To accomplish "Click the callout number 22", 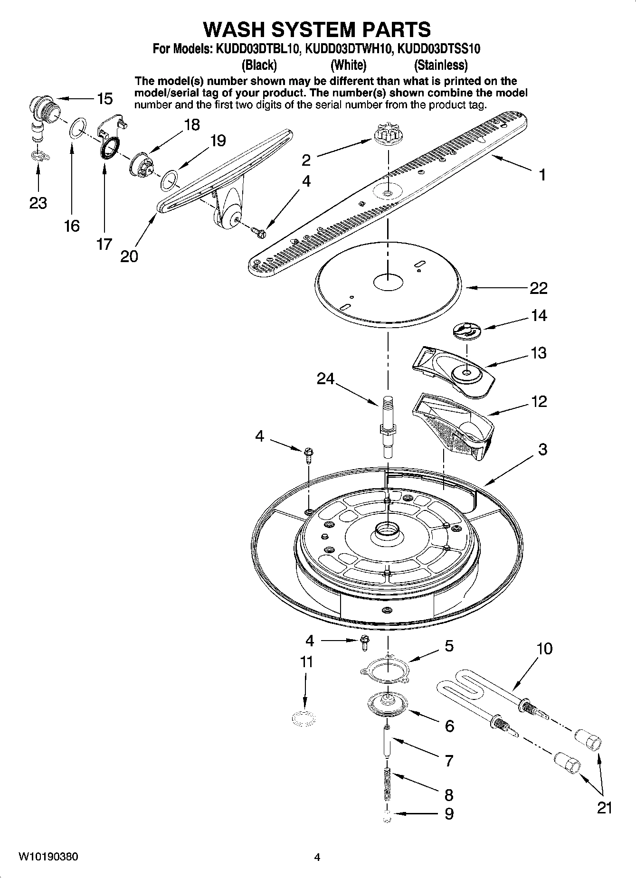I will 538,288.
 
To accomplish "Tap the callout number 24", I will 325,378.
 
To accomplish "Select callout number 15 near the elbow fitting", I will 104,99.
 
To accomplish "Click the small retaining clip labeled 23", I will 38,156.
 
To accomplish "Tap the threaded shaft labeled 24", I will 387,425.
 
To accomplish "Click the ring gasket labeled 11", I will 304,718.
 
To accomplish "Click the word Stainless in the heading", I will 440,65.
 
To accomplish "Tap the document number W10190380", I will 48,857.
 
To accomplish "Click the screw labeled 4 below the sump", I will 365,641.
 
